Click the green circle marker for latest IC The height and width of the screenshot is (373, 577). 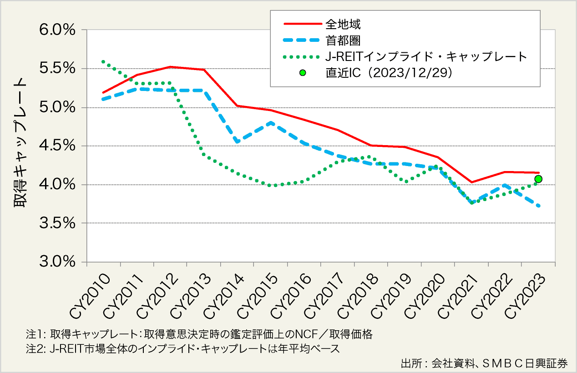tap(538, 179)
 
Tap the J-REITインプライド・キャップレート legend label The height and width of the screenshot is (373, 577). tap(426, 57)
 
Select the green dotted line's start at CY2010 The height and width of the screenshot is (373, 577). tap(103, 61)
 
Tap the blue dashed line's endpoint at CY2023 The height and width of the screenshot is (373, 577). tap(539, 206)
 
